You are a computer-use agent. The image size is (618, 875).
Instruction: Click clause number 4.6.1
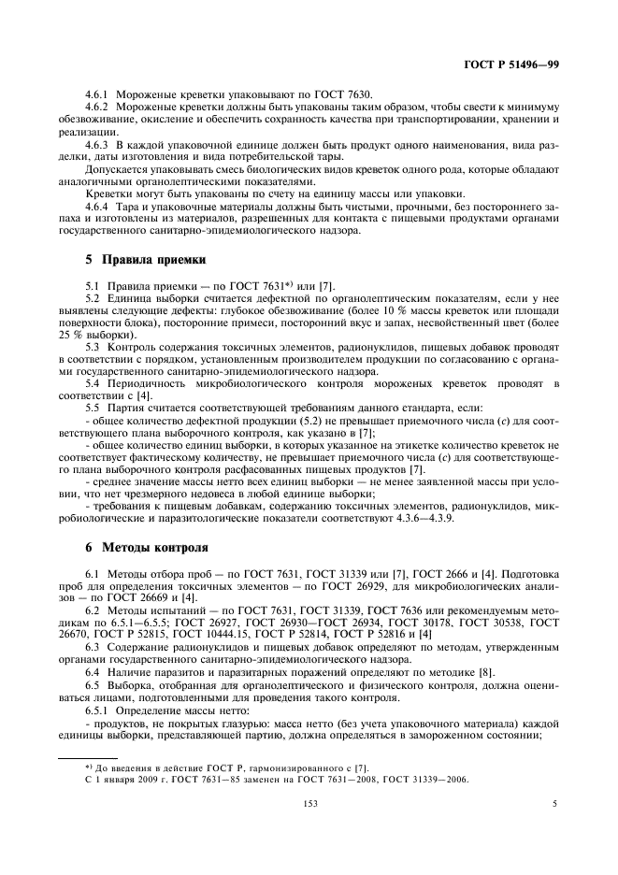[x=98, y=94]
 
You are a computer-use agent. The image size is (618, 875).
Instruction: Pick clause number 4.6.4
[x=98, y=206]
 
